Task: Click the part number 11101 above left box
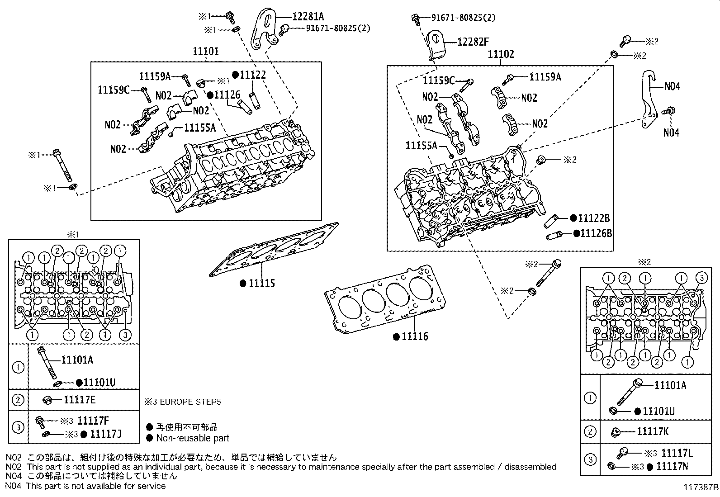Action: click(x=206, y=51)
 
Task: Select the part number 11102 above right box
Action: click(x=501, y=54)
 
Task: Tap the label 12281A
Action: click(x=308, y=17)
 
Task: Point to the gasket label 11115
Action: click(x=262, y=284)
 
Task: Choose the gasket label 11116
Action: click(x=415, y=336)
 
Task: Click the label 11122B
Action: click(x=594, y=218)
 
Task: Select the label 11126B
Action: click(x=596, y=233)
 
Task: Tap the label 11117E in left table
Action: click(x=80, y=400)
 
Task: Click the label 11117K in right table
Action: click(x=652, y=431)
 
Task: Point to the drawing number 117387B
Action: click(x=701, y=488)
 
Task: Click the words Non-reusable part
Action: click(x=192, y=438)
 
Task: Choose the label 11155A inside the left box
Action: click(x=200, y=128)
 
